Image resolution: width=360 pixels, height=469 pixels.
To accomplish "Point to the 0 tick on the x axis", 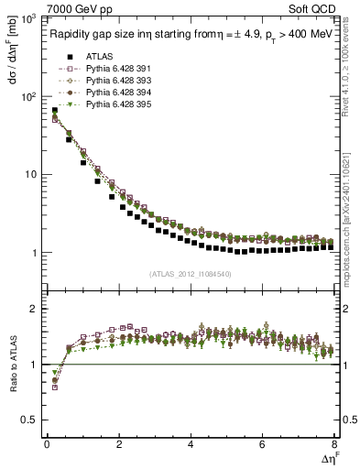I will click(x=47, y=445).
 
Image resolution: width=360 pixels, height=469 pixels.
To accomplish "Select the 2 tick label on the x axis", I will click(x=119, y=445).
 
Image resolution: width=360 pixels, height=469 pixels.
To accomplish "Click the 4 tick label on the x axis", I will click(x=191, y=445).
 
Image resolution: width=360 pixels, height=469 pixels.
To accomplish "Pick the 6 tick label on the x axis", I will click(x=263, y=445).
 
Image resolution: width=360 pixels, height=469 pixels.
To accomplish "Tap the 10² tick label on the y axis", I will click(x=27, y=96).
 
